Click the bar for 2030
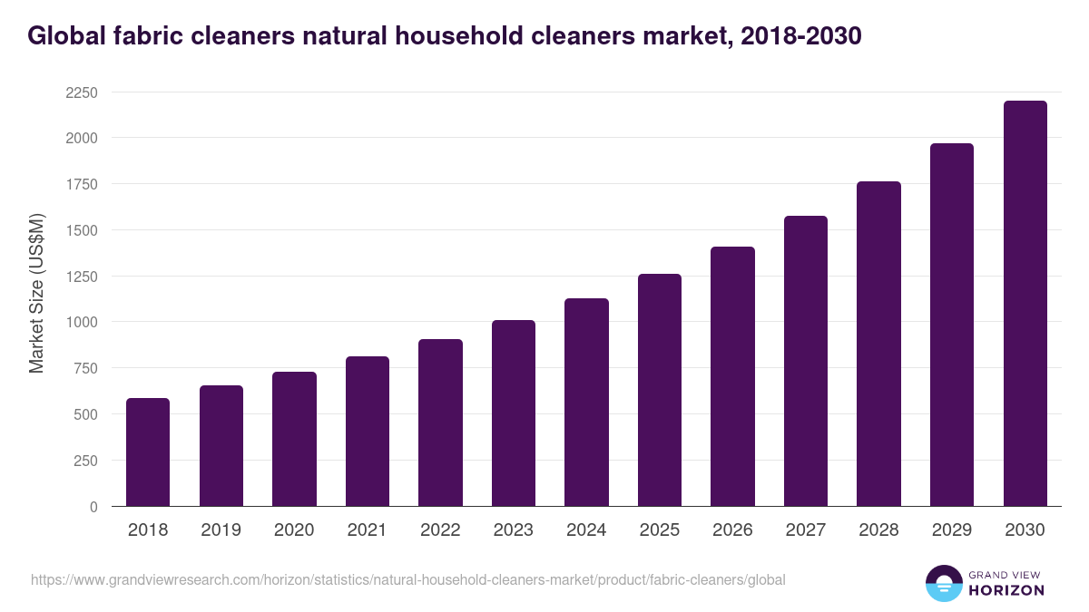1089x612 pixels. [1025, 304]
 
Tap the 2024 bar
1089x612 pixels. [586, 403]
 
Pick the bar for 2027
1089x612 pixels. [806, 361]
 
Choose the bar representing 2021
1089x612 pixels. [368, 432]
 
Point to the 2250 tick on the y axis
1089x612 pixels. [81, 92]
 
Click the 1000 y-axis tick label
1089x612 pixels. [81, 322]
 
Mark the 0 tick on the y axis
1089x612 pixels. [93, 506]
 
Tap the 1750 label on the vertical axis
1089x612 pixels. [81, 184]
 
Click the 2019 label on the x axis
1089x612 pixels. [221, 530]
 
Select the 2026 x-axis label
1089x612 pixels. [732, 530]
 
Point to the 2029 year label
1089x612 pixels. [951, 530]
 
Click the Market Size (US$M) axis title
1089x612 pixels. [36, 292]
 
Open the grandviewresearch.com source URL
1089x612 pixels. [407, 579]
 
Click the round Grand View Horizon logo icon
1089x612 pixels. [944, 583]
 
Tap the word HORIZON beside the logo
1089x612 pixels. [1007, 590]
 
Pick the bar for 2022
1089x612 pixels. [440, 423]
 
